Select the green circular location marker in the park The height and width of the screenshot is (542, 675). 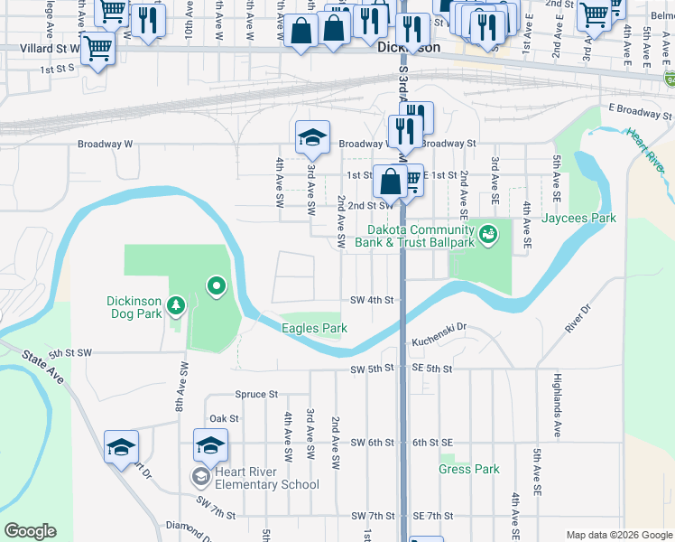(216, 287)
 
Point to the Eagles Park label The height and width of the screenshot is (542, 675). (314, 329)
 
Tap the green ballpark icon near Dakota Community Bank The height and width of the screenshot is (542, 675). (488, 235)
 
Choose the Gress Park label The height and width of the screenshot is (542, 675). (469, 469)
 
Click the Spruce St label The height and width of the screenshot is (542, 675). (256, 395)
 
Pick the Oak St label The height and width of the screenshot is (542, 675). (224, 418)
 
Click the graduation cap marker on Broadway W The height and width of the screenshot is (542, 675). (312, 137)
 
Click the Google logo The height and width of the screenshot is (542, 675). (30, 531)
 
